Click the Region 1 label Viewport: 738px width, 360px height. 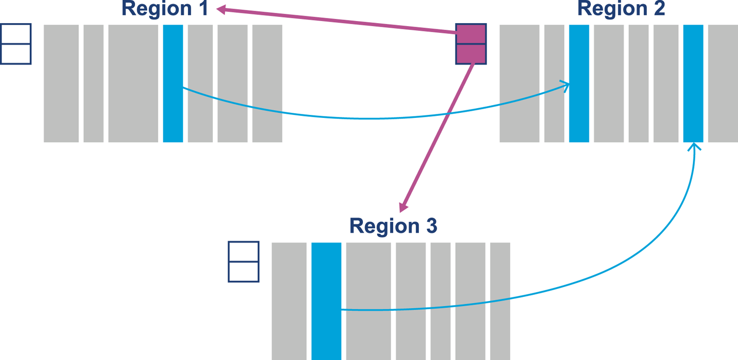point(165,8)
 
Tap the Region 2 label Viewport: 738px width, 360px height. point(621,8)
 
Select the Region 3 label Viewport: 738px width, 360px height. point(393,226)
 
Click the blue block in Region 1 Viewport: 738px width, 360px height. point(173,83)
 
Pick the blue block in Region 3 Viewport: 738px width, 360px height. point(326,301)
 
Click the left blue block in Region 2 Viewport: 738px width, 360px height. point(579,83)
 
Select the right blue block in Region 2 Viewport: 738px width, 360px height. point(693,83)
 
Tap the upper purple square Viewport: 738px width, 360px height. point(470,34)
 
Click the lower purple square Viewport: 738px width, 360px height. point(470,54)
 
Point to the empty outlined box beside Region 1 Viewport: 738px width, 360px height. point(16,44)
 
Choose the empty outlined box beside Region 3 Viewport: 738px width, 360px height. point(243,262)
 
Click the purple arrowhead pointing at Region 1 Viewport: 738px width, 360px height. point(220,9)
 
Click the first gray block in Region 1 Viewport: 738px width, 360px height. point(61,83)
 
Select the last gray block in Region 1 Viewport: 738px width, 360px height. point(267,83)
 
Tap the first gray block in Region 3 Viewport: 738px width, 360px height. point(289,301)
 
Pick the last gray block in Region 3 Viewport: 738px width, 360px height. point(500,301)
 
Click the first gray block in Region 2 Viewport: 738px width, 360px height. point(519,83)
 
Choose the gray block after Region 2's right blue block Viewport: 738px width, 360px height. point(723,83)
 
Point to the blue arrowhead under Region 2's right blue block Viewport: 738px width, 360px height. point(694,147)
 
